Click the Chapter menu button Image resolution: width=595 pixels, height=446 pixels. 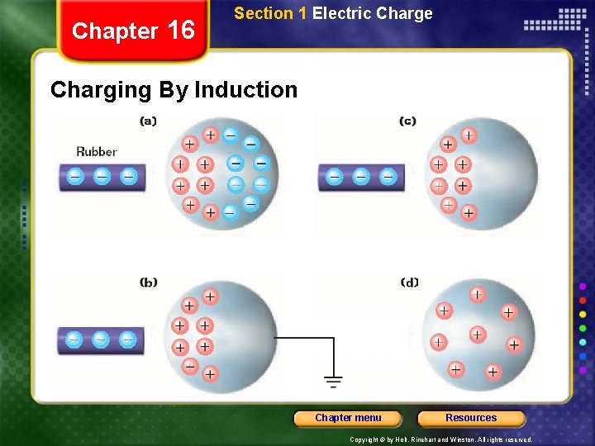(348, 418)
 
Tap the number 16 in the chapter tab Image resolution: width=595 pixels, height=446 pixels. (180, 31)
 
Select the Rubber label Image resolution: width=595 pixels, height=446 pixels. (97, 151)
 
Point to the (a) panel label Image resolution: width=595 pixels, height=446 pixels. (148, 121)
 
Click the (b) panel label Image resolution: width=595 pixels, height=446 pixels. (149, 282)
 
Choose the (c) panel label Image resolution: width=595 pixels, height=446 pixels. (407, 121)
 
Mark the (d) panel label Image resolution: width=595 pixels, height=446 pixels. (409, 282)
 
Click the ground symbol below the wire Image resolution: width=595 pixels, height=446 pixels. (333, 382)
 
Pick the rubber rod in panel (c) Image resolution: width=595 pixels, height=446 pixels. (361, 177)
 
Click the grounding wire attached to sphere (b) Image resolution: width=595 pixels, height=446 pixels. (306, 338)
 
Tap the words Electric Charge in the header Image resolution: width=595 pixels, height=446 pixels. (372, 13)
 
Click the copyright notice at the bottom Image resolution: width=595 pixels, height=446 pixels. (441, 439)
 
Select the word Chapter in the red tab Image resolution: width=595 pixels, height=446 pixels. (114, 31)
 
